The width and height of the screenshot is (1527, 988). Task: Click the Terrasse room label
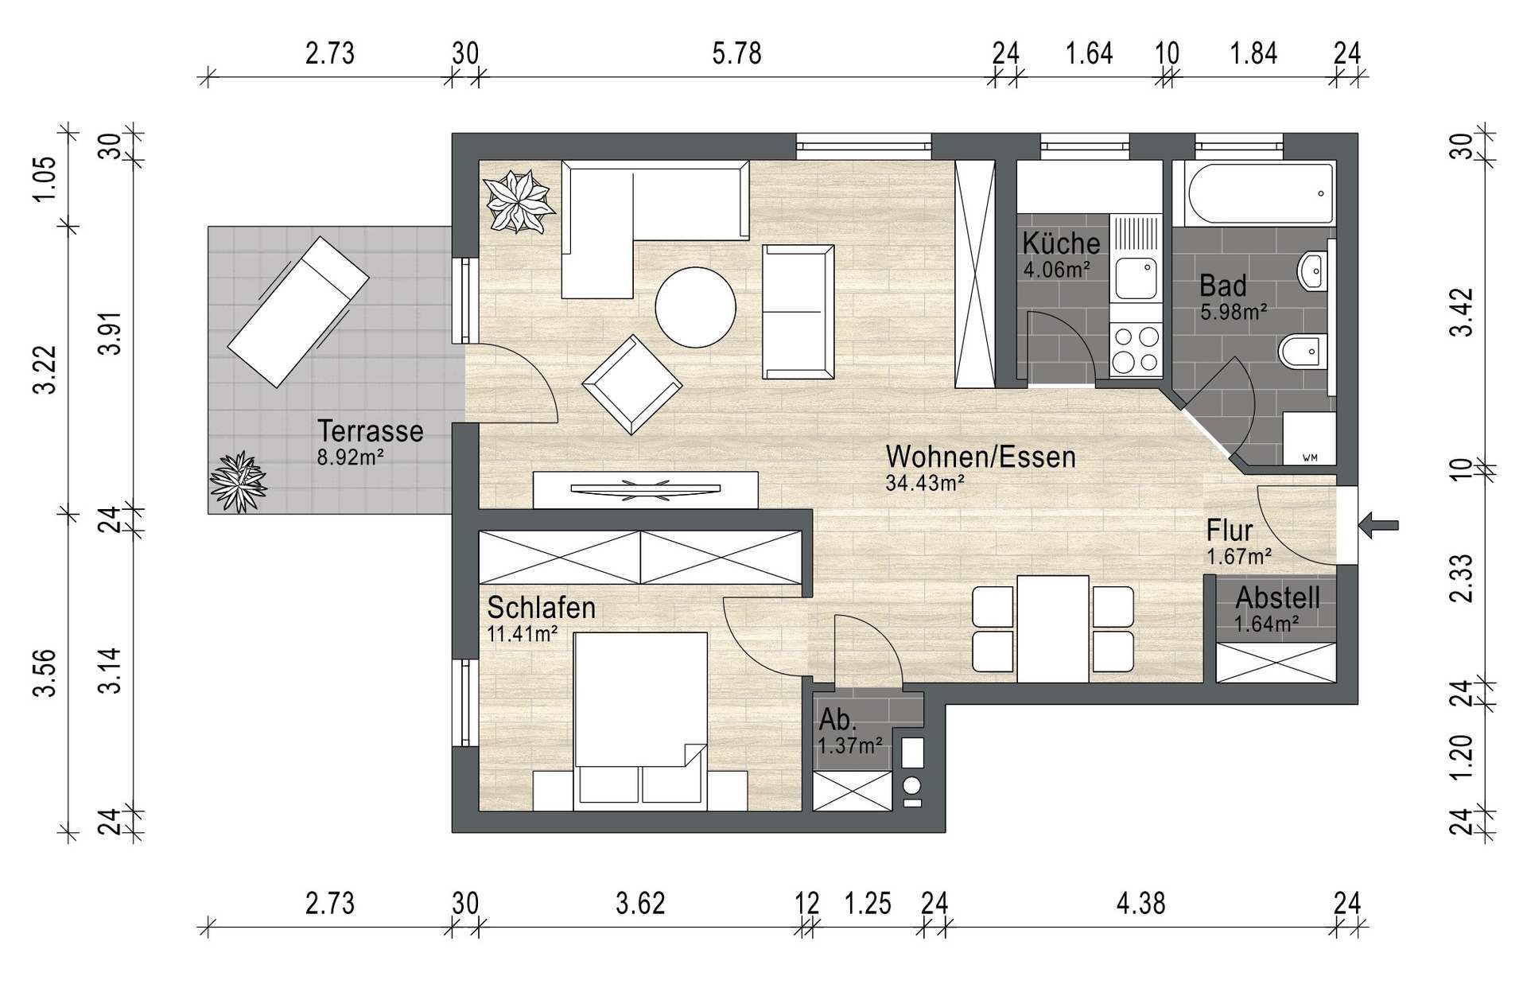370,431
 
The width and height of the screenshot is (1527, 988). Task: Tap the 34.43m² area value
925,482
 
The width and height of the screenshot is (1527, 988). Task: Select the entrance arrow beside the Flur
1378,524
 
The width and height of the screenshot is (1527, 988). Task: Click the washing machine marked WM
1309,438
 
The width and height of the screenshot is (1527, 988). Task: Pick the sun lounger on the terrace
298,312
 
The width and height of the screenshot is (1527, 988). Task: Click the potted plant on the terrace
237,481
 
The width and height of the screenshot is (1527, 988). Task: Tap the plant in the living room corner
519,200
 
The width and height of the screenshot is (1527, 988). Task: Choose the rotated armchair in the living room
631,384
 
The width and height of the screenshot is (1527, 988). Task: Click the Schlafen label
542,608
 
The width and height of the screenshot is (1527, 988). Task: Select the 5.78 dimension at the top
736,53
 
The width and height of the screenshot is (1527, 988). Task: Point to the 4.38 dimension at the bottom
1140,904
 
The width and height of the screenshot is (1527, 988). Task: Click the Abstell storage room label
1277,597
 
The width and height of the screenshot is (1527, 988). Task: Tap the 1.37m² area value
849,745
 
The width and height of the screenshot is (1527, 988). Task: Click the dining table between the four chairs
1053,628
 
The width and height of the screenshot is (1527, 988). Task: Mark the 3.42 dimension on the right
1462,312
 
